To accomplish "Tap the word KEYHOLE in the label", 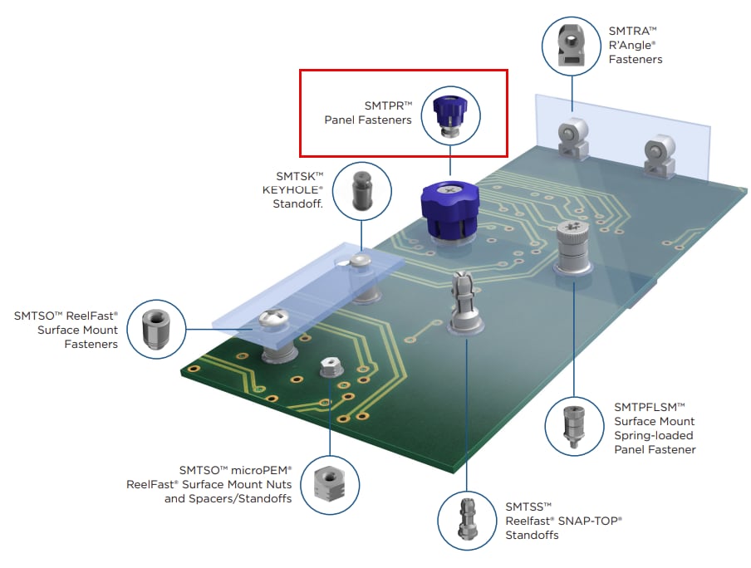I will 293,189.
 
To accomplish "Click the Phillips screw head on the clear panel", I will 273,318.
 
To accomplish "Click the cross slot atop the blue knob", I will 451,190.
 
